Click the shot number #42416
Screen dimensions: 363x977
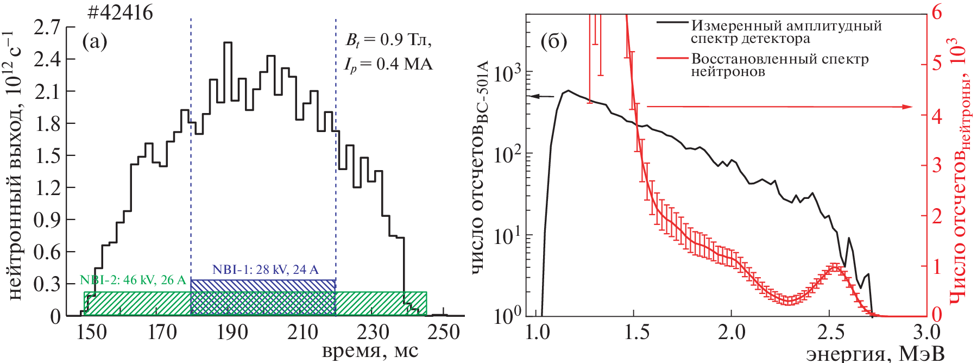[120, 12]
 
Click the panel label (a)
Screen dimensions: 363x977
[94, 41]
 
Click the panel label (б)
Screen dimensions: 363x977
[554, 41]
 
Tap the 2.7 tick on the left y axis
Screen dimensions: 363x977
[47, 28]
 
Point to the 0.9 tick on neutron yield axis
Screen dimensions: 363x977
[47, 220]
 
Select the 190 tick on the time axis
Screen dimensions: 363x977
[232, 332]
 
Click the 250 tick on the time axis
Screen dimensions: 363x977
[444, 332]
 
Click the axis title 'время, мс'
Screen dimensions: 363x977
[370, 351]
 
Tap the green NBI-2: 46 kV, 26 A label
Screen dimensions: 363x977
[134, 280]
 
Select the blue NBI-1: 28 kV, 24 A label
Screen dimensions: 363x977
[265, 270]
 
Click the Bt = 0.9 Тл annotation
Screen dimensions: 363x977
[389, 40]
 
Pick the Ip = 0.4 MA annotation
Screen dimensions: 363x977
[388, 65]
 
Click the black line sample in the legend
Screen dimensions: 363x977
[672, 23]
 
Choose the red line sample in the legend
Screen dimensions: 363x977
[672, 57]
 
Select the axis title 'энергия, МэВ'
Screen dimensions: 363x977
[875, 353]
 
